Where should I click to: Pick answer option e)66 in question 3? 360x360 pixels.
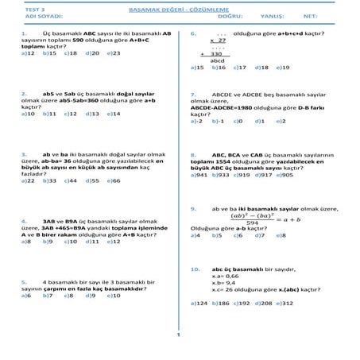[114, 180]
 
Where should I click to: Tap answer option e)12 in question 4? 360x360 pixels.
[114, 241]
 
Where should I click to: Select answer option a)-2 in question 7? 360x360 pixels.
[197, 121]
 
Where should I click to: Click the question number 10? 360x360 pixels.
[195, 269]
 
